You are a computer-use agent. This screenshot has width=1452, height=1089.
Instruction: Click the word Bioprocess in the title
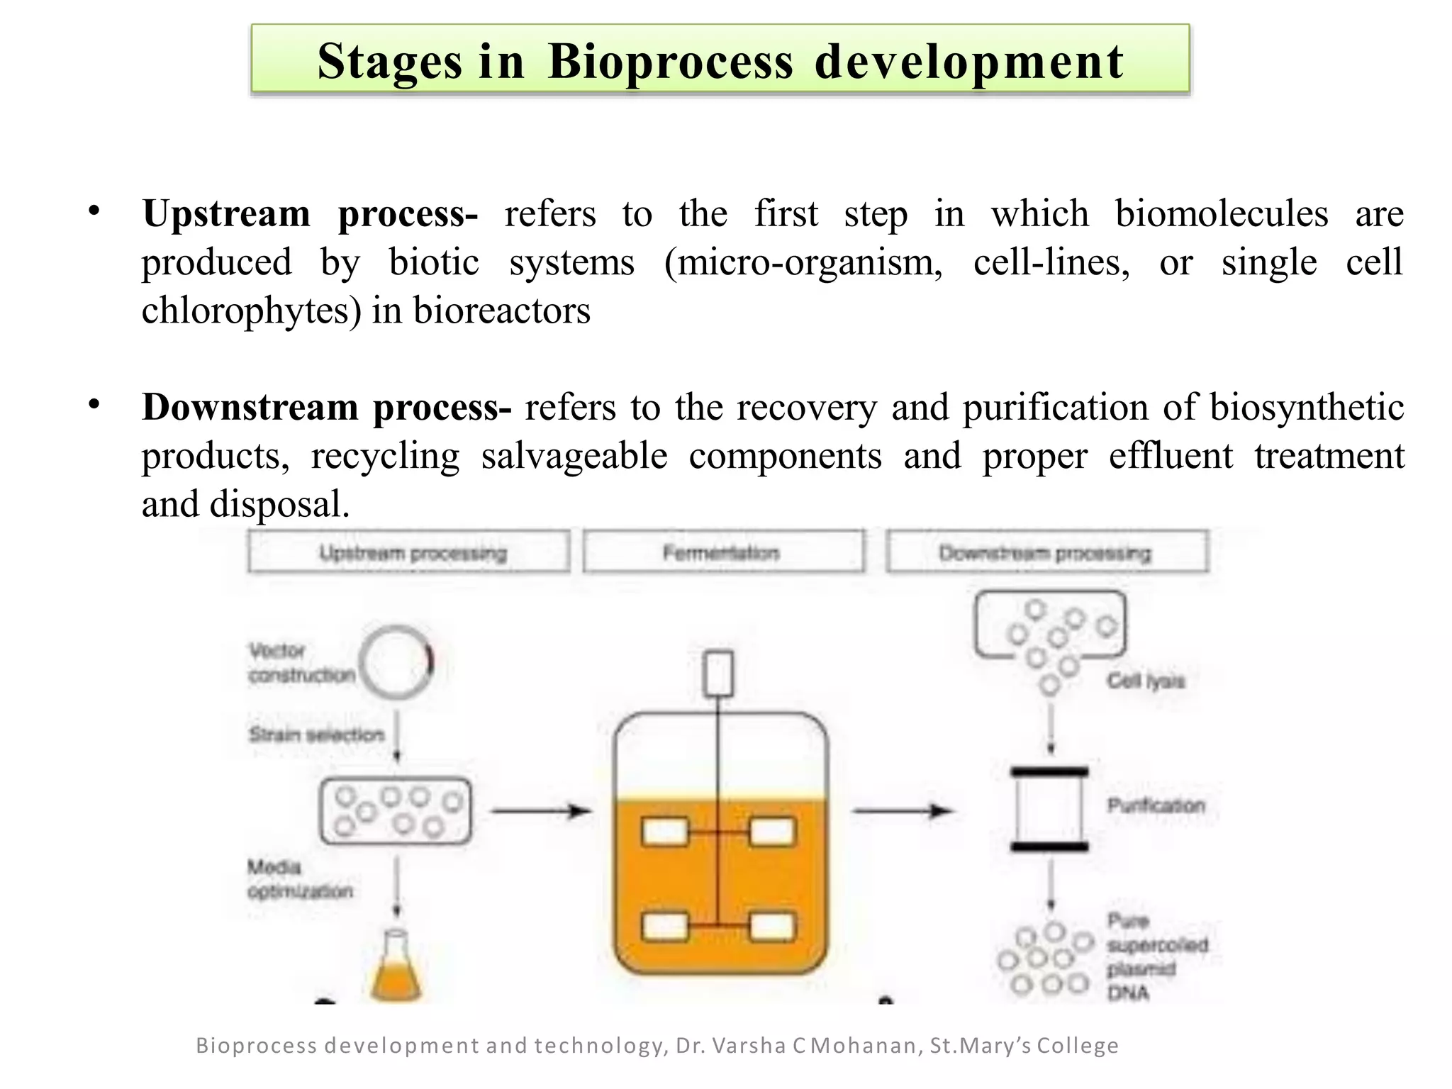pos(670,62)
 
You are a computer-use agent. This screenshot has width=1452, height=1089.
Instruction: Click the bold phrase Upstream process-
pos(310,213)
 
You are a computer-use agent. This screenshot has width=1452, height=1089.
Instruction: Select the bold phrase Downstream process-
pos(326,407)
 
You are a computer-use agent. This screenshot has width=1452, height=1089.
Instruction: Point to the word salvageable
pos(574,456)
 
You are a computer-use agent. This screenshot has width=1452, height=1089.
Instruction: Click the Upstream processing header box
pos(409,552)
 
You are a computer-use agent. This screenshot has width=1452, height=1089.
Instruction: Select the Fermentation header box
pos(723,552)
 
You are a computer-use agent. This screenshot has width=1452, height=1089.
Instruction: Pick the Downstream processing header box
pos(1046,552)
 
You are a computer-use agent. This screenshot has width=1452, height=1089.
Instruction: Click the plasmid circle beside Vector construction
pos(396,662)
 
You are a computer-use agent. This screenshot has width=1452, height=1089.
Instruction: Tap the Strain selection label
pos(316,735)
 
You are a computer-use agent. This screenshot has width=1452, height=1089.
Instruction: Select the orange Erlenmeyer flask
pos(396,968)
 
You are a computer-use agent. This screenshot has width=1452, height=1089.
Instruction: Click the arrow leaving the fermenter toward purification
pos(902,810)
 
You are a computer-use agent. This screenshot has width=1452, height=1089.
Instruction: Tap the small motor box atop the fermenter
pos(718,674)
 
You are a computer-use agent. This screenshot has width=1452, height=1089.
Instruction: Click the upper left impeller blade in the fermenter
pos(664,832)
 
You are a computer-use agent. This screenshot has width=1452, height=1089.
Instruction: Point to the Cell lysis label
pos(1146,681)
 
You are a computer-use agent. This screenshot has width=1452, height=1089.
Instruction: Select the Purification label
pos(1156,805)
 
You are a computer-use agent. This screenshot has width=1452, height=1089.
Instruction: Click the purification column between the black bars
pos(1049,809)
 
